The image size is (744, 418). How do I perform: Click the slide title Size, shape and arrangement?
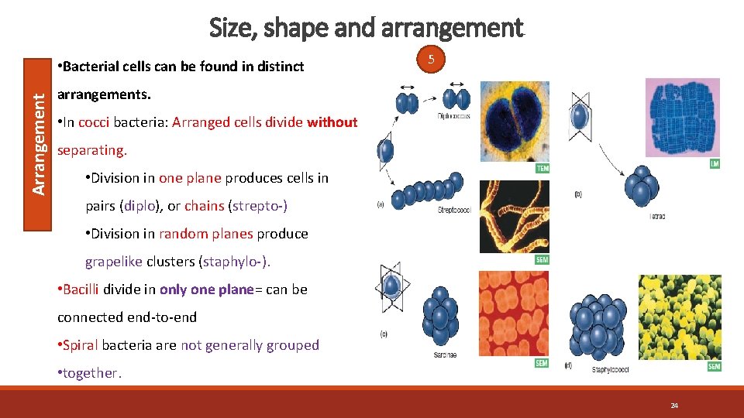(367, 28)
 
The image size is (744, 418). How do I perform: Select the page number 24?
(674, 406)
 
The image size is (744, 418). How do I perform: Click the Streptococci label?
(456, 210)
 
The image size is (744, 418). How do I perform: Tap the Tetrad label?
(656, 216)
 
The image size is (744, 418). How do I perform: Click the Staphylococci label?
(611, 370)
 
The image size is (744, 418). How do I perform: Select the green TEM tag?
(543, 168)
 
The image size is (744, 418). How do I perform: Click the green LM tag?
(714, 164)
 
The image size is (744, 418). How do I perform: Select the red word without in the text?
(332, 122)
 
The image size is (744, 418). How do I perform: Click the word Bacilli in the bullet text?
(81, 289)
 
